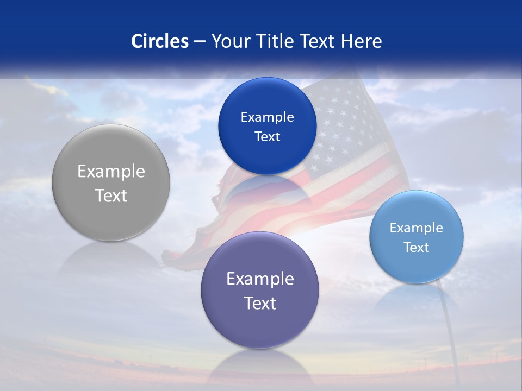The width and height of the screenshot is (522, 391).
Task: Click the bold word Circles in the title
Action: [x=160, y=41]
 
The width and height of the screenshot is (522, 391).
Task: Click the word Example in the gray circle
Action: [x=111, y=172]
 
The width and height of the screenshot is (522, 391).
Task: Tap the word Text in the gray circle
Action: [x=111, y=195]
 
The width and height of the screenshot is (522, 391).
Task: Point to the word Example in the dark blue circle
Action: [x=267, y=117]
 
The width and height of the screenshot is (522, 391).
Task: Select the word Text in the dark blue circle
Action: [x=267, y=137]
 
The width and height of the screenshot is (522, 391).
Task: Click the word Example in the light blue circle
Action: [x=417, y=228]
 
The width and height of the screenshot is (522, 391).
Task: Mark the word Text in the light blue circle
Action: [x=417, y=248]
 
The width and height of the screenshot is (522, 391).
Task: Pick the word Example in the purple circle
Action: [x=260, y=279]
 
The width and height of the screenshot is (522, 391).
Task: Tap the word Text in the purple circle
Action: [x=260, y=303]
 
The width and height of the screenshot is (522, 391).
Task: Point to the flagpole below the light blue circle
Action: [x=449, y=326]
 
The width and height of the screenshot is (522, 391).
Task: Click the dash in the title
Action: [x=200, y=41]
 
